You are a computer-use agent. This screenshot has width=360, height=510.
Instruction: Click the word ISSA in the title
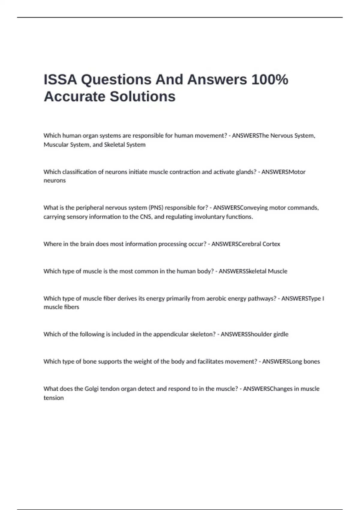60,80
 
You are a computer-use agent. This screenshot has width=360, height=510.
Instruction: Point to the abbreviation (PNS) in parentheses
156,208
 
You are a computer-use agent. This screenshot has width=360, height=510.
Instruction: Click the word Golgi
91,389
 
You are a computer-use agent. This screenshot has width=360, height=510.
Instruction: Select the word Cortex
271,244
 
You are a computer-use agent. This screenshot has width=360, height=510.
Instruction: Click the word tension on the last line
54,398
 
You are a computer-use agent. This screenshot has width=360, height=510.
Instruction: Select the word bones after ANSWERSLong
312,361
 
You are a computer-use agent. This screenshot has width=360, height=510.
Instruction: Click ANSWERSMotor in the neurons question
283,172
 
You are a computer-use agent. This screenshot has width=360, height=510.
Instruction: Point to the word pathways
262,298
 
